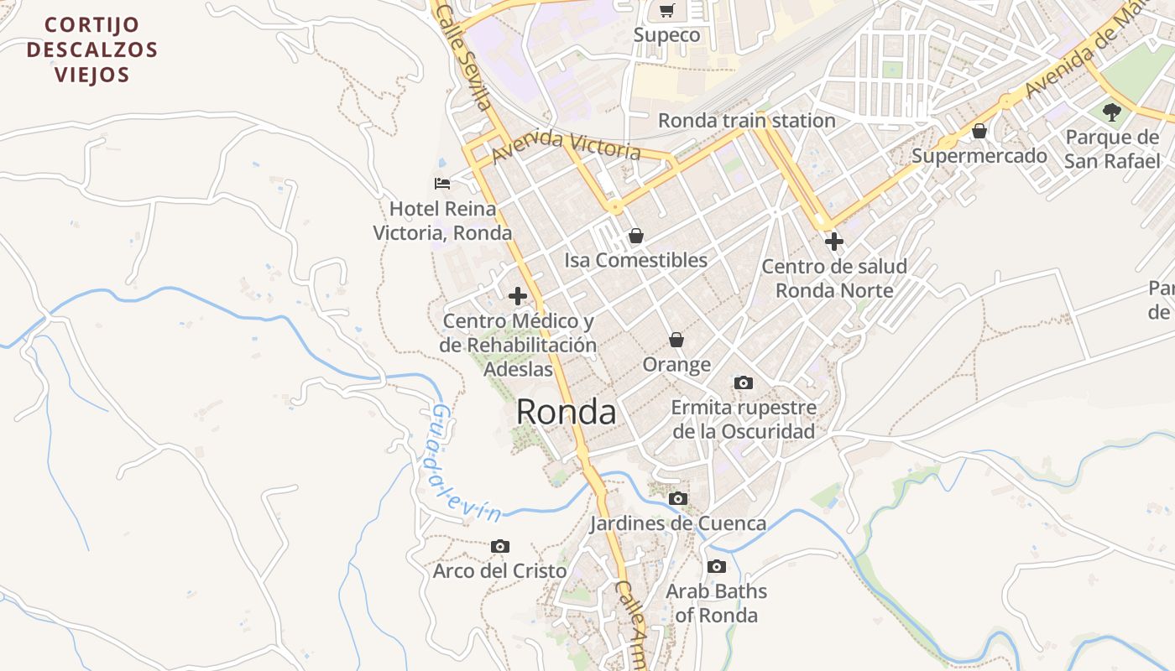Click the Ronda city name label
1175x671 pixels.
point(566,412)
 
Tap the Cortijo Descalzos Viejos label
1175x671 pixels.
point(92,49)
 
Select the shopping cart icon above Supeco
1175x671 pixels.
point(666,11)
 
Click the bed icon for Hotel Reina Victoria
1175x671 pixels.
point(442,183)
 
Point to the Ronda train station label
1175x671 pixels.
point(746,121)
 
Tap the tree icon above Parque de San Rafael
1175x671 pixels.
point(1112,112)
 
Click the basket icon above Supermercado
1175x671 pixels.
point(979,131)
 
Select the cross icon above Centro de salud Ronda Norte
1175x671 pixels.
point(833,242)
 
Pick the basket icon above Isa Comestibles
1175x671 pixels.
point(635,236)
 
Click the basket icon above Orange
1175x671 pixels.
point(676,340)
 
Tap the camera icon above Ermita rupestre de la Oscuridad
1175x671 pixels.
point(743,383)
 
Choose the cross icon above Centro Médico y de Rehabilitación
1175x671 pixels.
point(518,296)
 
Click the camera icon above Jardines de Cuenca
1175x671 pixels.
point(677,499)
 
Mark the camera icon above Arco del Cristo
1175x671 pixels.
point(499,547)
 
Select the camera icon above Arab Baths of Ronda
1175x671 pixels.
point(716,567)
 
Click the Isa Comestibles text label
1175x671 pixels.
point(635,260)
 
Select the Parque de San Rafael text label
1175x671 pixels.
point(1112,149)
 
